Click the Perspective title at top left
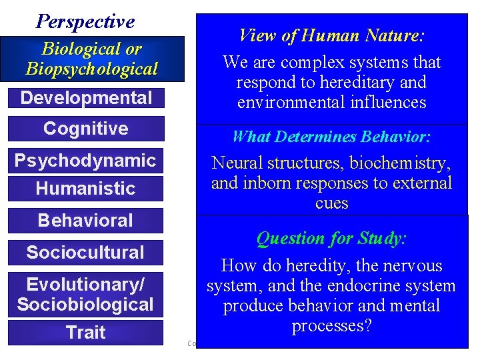coord(85,21)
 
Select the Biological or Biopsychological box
coord(91,59)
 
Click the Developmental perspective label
coord(86,98)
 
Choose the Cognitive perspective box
coord(86,128)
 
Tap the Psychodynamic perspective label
coord(85,160)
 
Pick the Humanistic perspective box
coord(85,189)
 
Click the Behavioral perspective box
coord(85,220)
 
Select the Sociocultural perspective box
coord(85,252)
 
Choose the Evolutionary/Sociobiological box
coord(85,295)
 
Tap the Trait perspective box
coord(85,332)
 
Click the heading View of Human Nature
coord(331,35)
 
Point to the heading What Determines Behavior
coord(331,137)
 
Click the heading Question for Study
coord(331,238)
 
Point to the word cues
coord(331,203)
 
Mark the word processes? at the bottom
coord(331,326)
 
